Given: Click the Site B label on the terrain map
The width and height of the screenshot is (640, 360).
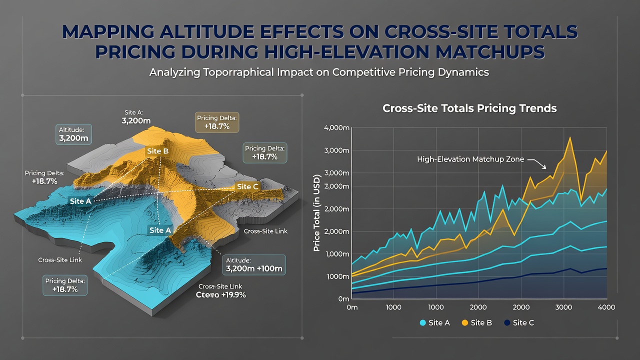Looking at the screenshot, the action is coord(157,151).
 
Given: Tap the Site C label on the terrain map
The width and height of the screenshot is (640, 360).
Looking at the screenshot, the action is coord(247,186).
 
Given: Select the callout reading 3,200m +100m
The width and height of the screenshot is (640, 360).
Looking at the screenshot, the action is coord(254,265).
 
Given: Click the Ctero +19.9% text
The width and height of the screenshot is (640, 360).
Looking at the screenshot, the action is coord(221,295).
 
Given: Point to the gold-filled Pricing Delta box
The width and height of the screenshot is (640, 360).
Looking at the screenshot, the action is coord(217,122).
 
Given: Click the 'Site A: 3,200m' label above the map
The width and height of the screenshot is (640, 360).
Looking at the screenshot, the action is coord(136,117).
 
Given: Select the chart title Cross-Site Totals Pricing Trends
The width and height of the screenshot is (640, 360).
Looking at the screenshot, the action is coord(469,108).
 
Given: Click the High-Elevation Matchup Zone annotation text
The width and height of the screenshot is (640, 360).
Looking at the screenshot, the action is coord(470,159).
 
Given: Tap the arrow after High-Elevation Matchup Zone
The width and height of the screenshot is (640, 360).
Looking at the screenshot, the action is coord(537,163).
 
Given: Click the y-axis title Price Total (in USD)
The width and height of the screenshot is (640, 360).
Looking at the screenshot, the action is coord(316,213).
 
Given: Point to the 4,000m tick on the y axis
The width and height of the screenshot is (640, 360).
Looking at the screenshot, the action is coord(336,127).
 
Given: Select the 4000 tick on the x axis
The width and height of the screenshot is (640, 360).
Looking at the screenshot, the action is coord(606,307).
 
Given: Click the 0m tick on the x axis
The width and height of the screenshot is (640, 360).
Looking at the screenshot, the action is coord(352,307).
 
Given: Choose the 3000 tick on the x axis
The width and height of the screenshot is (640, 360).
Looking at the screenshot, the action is coord(563,307).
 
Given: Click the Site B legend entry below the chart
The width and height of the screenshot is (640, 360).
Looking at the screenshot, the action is coord(477,322).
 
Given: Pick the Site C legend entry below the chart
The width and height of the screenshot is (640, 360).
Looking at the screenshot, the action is coord(519,322).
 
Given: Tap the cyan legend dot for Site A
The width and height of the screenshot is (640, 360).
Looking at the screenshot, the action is coord(422,323).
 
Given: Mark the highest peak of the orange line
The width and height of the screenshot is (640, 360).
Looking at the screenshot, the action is coord(570,137).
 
